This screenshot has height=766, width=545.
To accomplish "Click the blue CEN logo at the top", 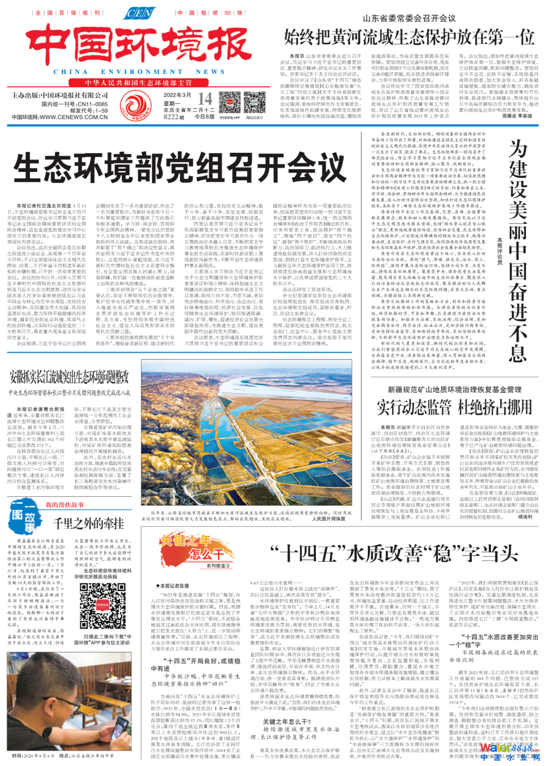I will pyautogui.click(x=139, y=13).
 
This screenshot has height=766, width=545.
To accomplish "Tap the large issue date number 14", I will pyautogui.click(x=204, y=98).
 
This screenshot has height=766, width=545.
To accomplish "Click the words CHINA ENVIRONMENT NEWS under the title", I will pyautogui.click(x=139, y=72).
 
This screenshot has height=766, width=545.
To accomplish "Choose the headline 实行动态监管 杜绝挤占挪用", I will pyautogui.click(x=454, y=407).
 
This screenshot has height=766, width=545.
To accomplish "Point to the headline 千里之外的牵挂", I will pyautogui.click(x=89, y=523).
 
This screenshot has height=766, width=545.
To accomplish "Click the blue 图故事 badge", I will pyautogui.click(x=24, y=516).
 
